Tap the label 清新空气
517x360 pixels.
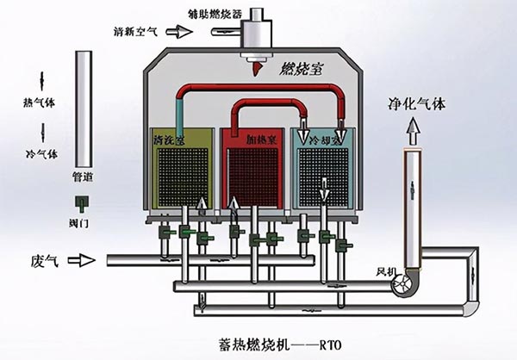coord(135,32)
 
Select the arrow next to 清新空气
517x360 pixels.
coord(180,32)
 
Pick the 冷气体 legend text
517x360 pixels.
coord(40,154)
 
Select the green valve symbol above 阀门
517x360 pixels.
coord(83,203)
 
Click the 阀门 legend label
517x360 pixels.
coord(83,222)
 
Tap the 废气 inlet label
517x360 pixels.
coord(43,259)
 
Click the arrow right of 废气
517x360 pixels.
coord(84,259)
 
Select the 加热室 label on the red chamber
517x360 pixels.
coord(259,139)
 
